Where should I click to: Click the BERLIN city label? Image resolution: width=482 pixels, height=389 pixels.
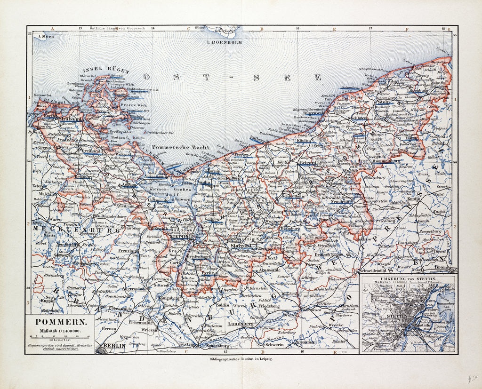click(114, 346)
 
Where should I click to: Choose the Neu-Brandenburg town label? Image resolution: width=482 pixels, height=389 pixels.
click(112, 216)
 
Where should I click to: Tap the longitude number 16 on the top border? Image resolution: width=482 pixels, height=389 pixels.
click(297, 29)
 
